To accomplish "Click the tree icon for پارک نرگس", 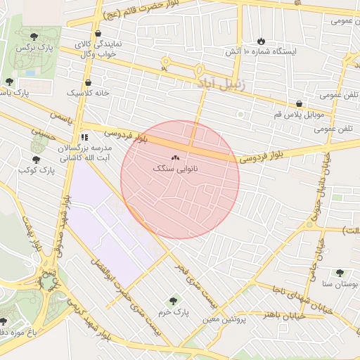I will pyautogui.click(x=35, y=34).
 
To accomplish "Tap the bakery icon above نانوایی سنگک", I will pyautogui.click(x=175, y=158).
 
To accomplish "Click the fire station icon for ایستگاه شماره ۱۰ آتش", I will pyautogui.click(x=262, y=41).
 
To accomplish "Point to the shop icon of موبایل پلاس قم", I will pyautogui.click(x=300, y=103).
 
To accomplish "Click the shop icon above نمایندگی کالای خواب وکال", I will pyautogui.click(x=97, y=33).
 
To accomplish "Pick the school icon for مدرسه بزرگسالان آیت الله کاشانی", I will pyautogui.click(x=84, y=138).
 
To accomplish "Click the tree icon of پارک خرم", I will pyautogui.click(x=174, y=300).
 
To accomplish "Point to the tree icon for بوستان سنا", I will pyautogui.click(x=340, y=273).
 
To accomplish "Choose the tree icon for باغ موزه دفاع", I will pyautogui.click(x=3, y=321).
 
